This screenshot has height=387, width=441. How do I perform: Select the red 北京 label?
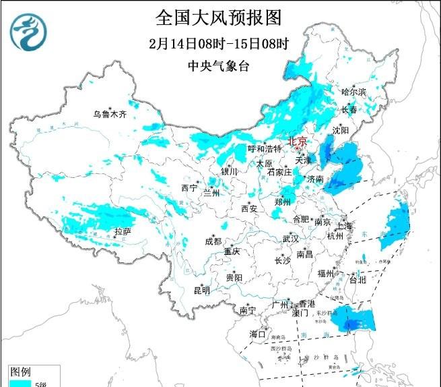pos(297,142)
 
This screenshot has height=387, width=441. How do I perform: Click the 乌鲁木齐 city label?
pos(110,114)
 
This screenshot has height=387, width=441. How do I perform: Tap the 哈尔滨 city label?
pos(353,92)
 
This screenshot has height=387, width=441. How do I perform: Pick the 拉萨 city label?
pos(122,231)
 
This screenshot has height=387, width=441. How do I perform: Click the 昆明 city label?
pos(201,291)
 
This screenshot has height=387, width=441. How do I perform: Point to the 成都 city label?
pos(213,241)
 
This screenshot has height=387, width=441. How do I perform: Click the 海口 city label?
pos(257,334)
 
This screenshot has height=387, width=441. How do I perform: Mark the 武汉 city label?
pos(290,239)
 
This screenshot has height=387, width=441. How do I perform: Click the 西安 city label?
pos(249,209)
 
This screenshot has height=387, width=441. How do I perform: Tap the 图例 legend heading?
pos(20,371)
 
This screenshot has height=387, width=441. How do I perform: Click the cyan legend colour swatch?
pos(21,383)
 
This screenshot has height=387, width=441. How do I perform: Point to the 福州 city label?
pos(326,273)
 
